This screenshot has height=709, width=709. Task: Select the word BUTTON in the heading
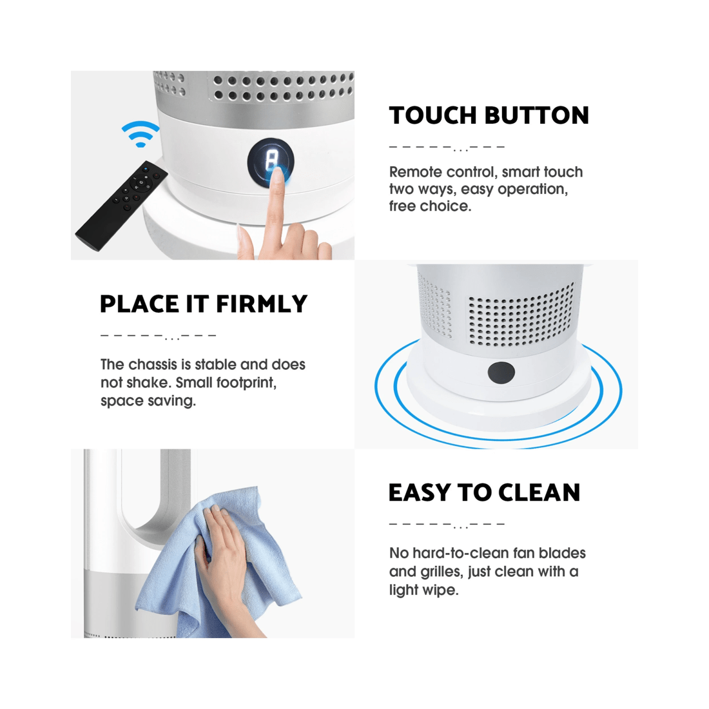(x=537, y=115)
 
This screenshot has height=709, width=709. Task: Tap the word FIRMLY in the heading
(x=262, y=304)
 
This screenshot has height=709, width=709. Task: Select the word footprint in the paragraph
(x=246, y=383)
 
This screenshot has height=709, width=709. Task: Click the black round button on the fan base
(x=501, y=373)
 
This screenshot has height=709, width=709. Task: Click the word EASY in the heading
(x=419, y=492)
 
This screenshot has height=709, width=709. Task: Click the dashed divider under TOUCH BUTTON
(x=447, y=148)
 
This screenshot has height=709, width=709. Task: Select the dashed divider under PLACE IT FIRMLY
(x=158, y=336)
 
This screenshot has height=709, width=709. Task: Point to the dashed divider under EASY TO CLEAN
(x=447, y=525)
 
